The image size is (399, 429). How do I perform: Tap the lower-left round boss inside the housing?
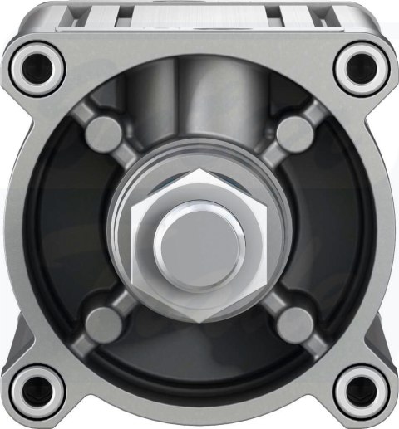click(x=103, y=319)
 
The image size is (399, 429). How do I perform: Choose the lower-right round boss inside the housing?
click(x=293, y=319)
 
